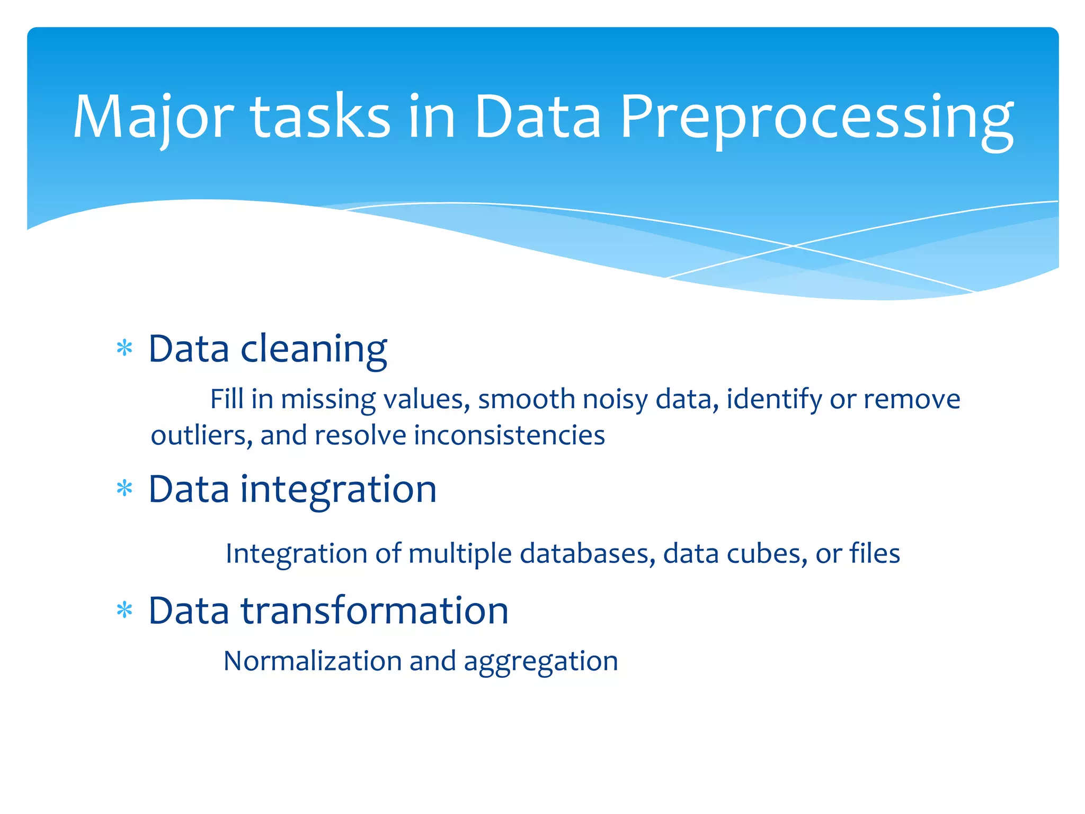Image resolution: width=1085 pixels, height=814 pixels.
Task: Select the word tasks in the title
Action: click(x=320, y=118)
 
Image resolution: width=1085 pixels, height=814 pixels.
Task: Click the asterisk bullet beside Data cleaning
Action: click(x=124, y=348)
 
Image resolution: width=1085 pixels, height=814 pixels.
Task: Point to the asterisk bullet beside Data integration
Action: click(x=124, y=488)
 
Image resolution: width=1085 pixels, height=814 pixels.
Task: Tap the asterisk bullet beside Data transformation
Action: click(x=124, y=610)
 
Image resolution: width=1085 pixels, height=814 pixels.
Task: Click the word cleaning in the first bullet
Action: click(x=314, y=350)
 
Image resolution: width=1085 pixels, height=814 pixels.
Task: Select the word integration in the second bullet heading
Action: click(x=339, y=490)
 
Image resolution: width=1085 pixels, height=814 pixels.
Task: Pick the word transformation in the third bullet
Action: click(x=375, y=611)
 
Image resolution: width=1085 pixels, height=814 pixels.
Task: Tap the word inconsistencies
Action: click(x=509, y=436)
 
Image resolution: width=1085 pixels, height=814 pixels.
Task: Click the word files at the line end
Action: click(x=875, y=554)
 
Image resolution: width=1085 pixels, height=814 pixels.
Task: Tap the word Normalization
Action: click(x=313, y=661)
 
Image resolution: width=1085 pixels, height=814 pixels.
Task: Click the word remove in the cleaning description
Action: click(x=912, y=399)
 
